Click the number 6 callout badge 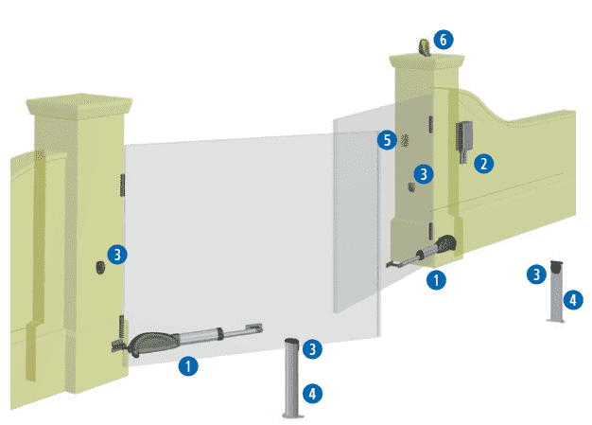coord(444,40)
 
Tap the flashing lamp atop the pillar coord(426,47)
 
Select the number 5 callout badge coord(387,140)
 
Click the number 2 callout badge coord(483,164)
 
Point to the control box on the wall coord(464,140)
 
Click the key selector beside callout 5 coord(405,140)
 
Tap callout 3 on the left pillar coord(117,255)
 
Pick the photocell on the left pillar coord(100,268)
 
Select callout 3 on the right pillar coord(424,174)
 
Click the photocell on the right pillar coord(412,186)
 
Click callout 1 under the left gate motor coord(188,366)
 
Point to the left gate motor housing coord(153,343)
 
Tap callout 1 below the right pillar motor coord(436,280)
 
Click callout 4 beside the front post coord(312,394)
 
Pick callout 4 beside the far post coord(573,300)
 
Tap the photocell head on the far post coord(556,267)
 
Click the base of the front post coord(293,416)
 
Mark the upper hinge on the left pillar coord(122,186)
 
